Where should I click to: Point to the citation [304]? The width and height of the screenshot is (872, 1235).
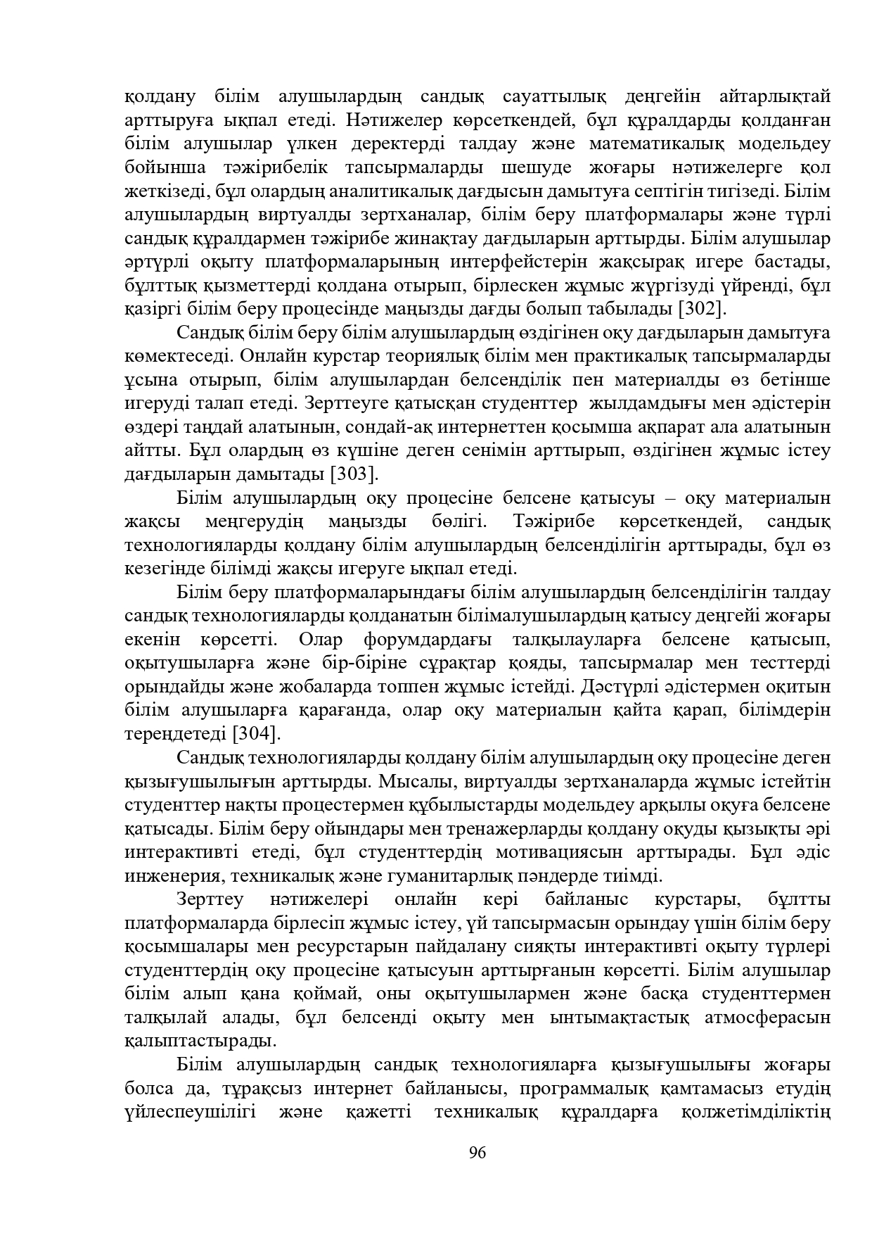click(x=257, y=733)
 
